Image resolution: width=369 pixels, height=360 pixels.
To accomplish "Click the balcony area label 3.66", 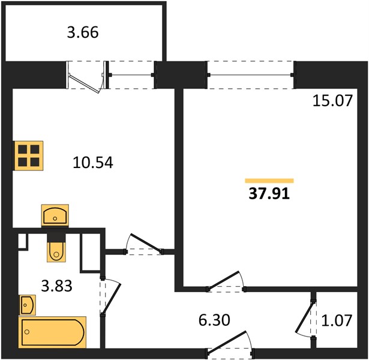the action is [x=83, y=32].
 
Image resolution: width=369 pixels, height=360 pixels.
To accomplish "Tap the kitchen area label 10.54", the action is [x=93, y=163].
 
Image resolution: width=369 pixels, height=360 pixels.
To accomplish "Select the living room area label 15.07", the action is [x=333, y=101].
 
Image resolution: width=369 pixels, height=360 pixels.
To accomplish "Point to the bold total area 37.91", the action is [x=269, y=194].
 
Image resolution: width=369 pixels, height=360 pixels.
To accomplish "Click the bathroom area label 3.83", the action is [x=57, y=286].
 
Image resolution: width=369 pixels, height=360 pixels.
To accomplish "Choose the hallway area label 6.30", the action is [x=214, y=320].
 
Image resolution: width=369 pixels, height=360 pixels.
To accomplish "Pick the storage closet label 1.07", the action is [x=337, y=320].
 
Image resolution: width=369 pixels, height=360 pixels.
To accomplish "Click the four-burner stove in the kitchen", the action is [x=29, y=155].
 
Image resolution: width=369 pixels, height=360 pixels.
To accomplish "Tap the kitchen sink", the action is [x=55, y=215].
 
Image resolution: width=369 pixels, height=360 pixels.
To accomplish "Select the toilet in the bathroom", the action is [x=56, y=248].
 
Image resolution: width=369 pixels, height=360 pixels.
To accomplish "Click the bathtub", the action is [x=53, y=332].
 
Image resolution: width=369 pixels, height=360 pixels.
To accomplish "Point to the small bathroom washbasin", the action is [x=28, y=305].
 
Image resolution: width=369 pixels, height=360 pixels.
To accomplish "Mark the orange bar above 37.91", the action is [x=269, y=181].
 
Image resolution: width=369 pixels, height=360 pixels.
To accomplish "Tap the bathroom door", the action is [x=110, y=296].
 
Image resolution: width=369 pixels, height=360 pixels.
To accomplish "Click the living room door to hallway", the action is [x=226, y=281].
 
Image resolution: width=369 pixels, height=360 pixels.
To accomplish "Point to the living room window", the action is [x=251, y=75].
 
